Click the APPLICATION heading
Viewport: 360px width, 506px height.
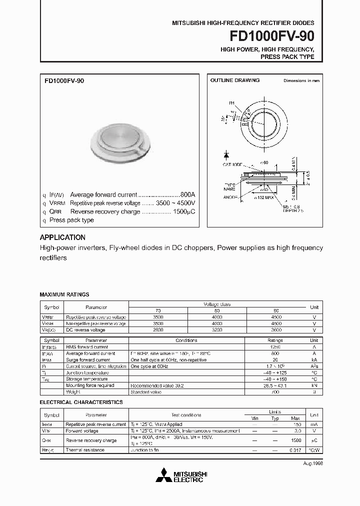(62, 237)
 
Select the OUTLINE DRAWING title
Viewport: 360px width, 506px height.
(234, 80)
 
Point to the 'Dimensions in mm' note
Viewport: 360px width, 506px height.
(301, 80)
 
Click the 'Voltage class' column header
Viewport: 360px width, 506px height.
(216, 304)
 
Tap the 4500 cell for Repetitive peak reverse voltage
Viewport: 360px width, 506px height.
(276, 317)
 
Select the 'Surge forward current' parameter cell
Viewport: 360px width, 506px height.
(88, 360)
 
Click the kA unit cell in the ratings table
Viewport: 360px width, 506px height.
(314, 360)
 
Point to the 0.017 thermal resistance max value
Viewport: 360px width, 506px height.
(295, 450)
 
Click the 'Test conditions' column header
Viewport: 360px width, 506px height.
(186, 415)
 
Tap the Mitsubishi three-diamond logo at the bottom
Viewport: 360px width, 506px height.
(163, 475)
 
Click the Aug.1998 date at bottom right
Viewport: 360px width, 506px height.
(310, 464)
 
